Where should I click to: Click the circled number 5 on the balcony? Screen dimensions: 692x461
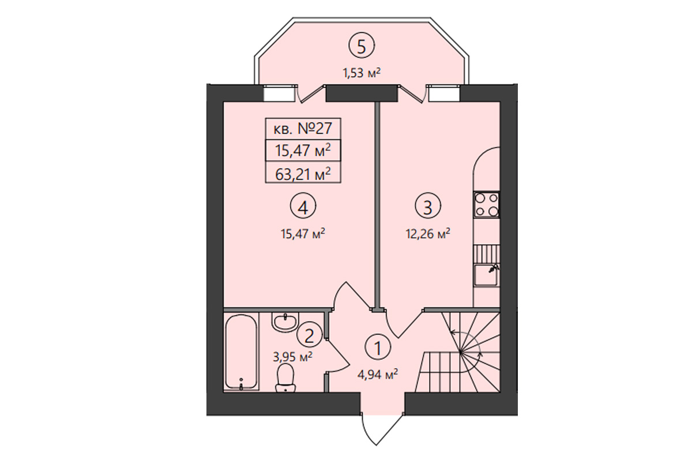[362, 46]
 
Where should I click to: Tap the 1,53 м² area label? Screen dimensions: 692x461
[362, 73]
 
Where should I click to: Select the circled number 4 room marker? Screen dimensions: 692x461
[303, 207]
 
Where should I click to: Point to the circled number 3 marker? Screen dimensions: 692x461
[428, 206]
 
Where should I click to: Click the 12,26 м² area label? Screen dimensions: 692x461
[428, 234]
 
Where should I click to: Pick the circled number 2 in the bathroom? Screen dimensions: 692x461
[309, 335]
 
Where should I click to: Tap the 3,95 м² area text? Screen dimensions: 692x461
[292, 357]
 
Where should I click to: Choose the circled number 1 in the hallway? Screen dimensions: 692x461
[378, 347]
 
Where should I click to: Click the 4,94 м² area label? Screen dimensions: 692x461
[378, 375]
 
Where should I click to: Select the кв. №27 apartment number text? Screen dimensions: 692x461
[303, 129]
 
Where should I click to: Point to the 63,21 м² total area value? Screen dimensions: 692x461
[303, 174]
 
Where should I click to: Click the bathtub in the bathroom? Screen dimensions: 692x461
[241, 352]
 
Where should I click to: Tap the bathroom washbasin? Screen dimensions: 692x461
[285, 322]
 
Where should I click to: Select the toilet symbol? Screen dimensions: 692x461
[285, 378]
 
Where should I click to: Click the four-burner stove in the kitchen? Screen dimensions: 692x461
[487, 205]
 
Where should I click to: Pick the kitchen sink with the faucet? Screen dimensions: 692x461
[487, 275]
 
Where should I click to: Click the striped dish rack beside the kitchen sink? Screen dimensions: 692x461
[487, 254]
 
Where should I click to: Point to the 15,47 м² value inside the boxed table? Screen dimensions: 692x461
[303, 151]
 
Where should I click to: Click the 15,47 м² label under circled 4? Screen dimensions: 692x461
[303, 234]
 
